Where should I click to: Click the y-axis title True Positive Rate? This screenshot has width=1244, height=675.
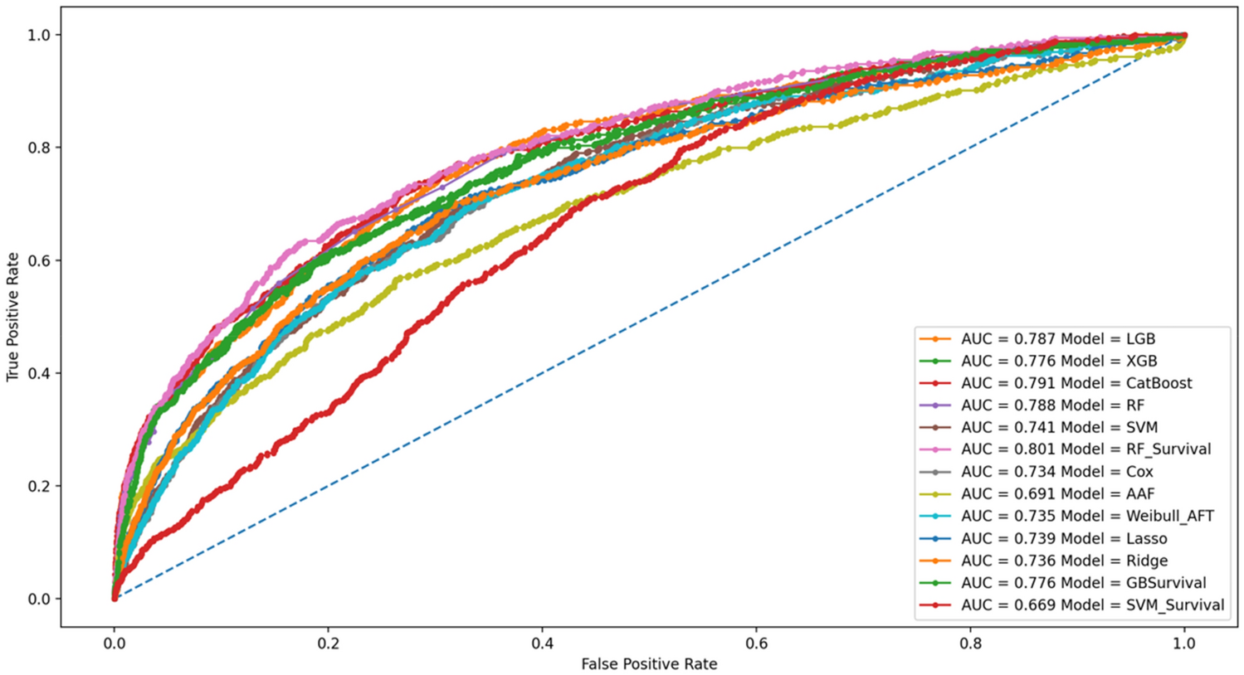(12, 316)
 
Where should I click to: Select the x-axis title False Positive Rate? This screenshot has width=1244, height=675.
(648, 664)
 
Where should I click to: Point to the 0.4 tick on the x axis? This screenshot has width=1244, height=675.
(543, 642)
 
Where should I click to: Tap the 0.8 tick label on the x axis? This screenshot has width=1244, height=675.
(970, 642)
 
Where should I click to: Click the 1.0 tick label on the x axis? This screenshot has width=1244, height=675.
(1184, 642)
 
